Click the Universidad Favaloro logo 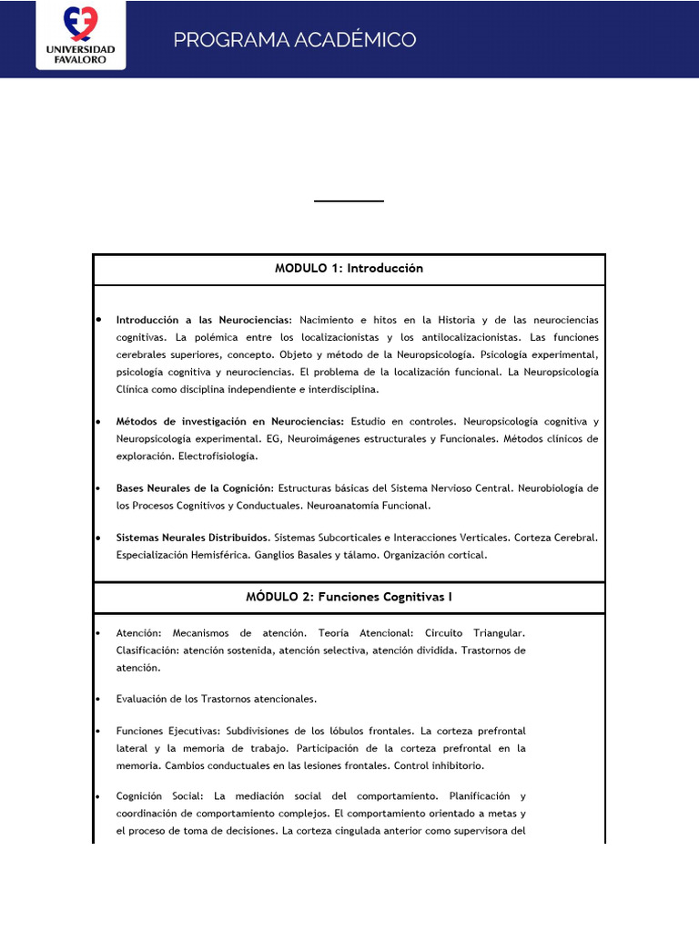point(80,35)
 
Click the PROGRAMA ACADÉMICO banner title point(294,39)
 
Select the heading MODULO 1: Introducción point(349,268)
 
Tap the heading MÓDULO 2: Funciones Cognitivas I point(349,597)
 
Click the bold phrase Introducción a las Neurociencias point(204,320)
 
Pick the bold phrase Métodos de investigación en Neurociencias point(229,421)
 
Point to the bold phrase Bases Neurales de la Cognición point(195,488)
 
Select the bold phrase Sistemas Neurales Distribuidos point(192,538)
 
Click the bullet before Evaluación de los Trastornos point(97,700)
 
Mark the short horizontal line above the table point(349,200)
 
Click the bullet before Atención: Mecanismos point(97,632)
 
